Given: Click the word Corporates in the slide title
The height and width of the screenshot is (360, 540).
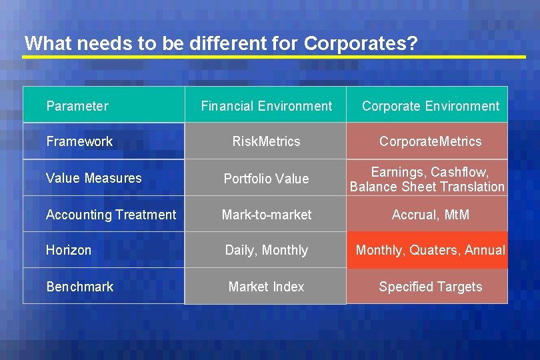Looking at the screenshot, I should (x=360, y=44).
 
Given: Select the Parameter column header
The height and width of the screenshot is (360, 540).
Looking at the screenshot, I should (x=77, y=106).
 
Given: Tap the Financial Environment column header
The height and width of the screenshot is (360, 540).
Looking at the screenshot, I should (x=266, y=106).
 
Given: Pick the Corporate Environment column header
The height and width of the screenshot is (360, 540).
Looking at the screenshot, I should (x=430, y=106).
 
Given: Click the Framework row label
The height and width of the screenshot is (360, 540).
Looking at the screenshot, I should (x=79, y=141).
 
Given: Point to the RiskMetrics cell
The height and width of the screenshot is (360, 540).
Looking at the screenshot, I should (x=266, y=141).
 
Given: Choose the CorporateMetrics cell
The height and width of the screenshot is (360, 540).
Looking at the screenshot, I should (x=430, y=141).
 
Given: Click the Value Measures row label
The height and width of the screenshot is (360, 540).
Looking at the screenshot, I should (x=94, y=178).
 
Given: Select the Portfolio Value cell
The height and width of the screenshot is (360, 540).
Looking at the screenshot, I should (x=266, y=179).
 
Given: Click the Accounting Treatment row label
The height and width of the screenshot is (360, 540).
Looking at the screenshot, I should (x=111, y=215).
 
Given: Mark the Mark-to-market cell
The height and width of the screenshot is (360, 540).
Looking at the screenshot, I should (x=266, y=215).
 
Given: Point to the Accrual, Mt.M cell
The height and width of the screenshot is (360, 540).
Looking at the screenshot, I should (x=430, y=215).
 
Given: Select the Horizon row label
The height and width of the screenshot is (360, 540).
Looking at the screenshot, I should (x=69, y=250).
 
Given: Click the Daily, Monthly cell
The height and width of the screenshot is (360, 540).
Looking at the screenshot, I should (x=266, y=250).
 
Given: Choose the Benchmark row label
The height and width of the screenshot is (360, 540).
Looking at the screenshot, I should (x=80, y=287).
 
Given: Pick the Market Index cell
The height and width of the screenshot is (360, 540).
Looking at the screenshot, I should (x=266, y=287).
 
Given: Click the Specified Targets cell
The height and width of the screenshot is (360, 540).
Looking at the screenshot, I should (x=430, y=287).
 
